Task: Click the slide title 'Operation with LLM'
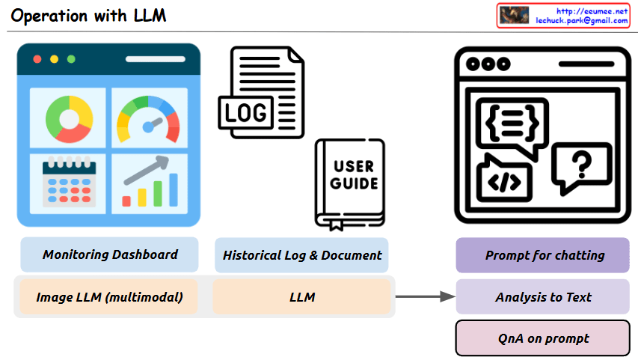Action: (x=88, y=16)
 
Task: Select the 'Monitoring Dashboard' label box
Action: (x=109, y=254)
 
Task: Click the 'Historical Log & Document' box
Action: (x=301, y=255)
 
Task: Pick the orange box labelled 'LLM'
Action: (x=301, y=297)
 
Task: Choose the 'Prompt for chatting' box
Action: (x=544, y=255)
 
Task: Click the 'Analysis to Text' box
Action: (x=544, y=297)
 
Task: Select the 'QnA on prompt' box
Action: (x=544, y=338)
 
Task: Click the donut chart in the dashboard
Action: (x=69, y=119)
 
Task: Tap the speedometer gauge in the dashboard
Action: (x=149, y=120)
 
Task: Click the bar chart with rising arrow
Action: (x=150, y=181)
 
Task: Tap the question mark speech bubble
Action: (x=581, y=166)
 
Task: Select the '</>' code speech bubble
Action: (x=505, y=179)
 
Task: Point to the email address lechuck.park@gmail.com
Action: (x=581, y=21)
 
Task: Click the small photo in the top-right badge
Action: (x=515, y=15)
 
